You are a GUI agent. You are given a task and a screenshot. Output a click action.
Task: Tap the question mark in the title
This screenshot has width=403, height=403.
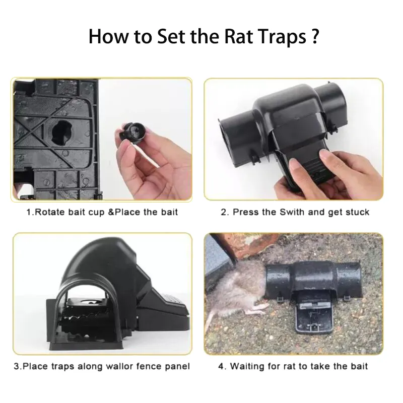tap(314, 36)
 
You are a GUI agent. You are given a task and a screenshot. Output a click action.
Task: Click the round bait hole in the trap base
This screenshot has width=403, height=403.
tap(61, 132)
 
